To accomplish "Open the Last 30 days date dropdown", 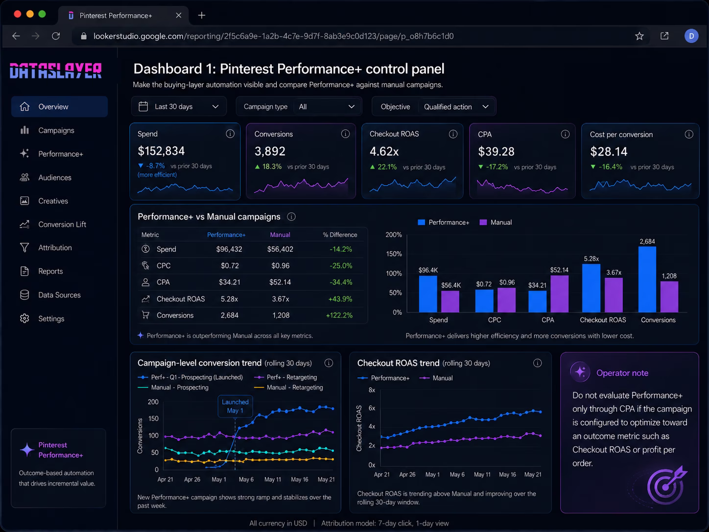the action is pyautogui.click(x=179, y=107).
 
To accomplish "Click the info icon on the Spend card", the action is pyautogui.click(x=230, y=134).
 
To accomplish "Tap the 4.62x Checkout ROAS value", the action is pyautogui.click(x=384, y=151).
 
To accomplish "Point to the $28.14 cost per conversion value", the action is pyautogui.click(x=609, y=151).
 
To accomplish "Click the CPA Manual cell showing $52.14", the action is pyautogui.click(x=280, y=282).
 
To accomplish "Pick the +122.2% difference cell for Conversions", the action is pyautogui.click(x=339, y=315).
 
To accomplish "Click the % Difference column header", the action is pyautogui.click(x=340, y=235).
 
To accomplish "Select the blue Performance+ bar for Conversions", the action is pyautogui.click(x=647, y=279).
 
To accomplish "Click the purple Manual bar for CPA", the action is pyautogui.click(x=560, y=293).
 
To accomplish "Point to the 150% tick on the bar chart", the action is pyautogui.click(x=394, y=254).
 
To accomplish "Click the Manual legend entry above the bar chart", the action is pyautogui.click(x=496, y=222).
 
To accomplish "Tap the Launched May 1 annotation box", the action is pyautogui.click(x=235, y=407).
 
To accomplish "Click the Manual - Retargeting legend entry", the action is pyautogui.click(x=289, y=387).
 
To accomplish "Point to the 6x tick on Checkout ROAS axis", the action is pyautogui.click(x=372, y=408).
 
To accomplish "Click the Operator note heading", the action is pyautogui.click(x=622, y=373).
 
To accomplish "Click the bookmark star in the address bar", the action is pyautogui.click(x=639, y=36).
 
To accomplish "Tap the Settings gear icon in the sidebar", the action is pyautogui.click(x=24, y=318).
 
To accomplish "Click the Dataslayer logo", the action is pyautogui.click(x=55, y=71).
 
